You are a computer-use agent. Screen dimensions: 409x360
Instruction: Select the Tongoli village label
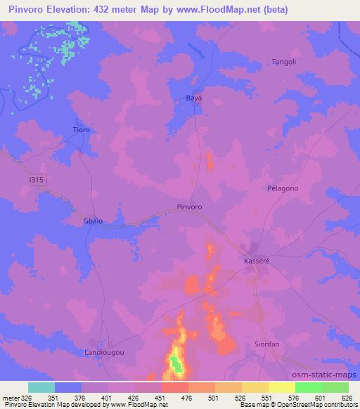click(x=285, y=63)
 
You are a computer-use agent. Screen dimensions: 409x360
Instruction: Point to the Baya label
click(x=193, y=98)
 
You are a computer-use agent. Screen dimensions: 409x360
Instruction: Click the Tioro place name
click(x=84, y=129)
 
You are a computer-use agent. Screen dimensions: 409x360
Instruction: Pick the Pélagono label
click(x=283, y=189)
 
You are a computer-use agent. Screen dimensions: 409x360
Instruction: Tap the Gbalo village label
click(x=94, y=221)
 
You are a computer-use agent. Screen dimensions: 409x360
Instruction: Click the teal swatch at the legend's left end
click(x=41, y=387)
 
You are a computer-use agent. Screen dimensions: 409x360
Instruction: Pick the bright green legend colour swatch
click(x=309, y=387)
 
